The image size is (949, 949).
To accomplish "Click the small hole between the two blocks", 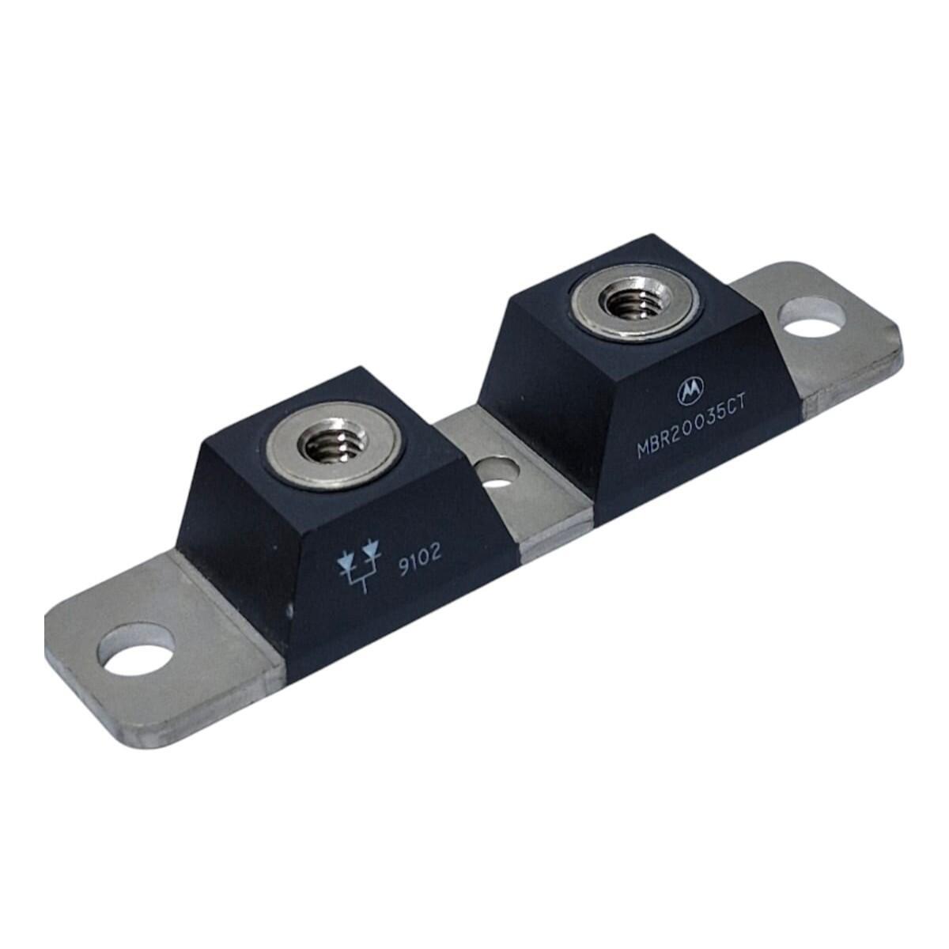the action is pos(499,471).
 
